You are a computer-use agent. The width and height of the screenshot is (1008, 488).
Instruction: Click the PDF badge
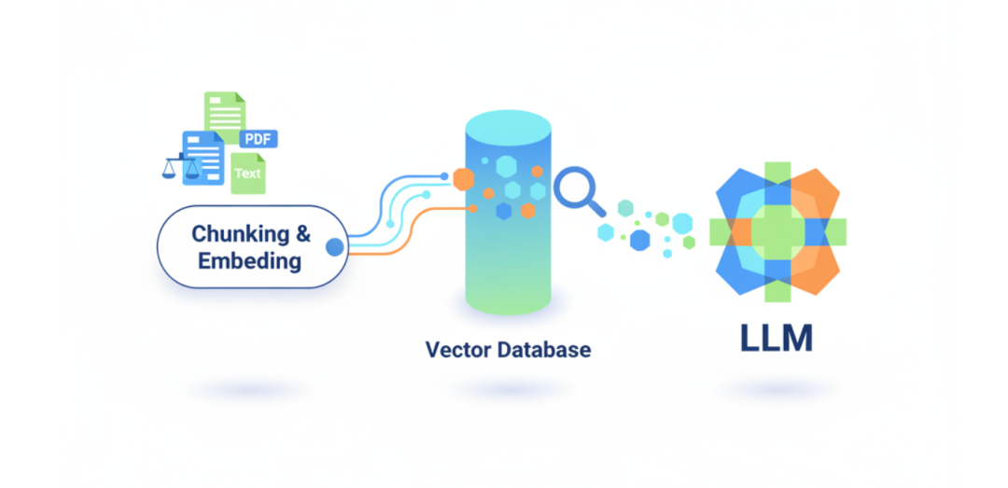point(259,139)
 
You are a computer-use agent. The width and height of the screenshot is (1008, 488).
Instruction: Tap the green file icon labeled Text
point(248,174)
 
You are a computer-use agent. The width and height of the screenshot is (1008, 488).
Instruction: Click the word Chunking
point(237,235)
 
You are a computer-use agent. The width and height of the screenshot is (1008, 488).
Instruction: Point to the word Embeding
point(249,260)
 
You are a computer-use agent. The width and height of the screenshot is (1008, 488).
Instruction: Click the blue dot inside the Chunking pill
point(332,247)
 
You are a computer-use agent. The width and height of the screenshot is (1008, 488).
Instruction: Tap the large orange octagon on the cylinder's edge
point(463,177)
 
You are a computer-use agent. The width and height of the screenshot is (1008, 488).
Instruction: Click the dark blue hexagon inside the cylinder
point(504,211)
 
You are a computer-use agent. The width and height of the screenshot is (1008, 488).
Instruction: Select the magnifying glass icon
point(577,189)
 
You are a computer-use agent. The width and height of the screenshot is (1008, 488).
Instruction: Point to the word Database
point(547,350)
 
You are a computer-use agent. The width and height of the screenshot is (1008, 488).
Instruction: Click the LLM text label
point(777,340)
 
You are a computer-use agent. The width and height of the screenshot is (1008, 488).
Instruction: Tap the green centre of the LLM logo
point(777,230)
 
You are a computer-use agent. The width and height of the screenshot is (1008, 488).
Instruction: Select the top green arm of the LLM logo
point(777,175)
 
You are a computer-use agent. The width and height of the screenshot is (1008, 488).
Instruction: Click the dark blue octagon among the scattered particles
point(639,240)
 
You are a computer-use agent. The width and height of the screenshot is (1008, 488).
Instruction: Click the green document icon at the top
point(225,112)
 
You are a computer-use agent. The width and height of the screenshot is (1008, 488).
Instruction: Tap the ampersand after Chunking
point(302,235)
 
